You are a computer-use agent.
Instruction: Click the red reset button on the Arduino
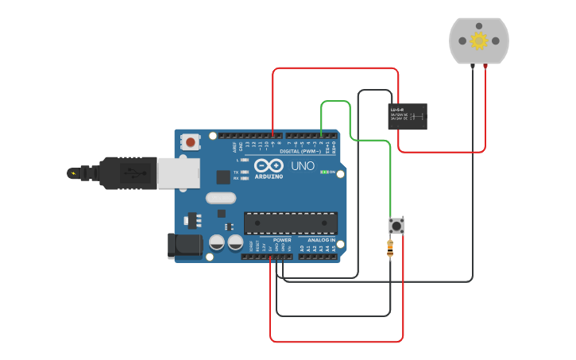[x=191, y=142]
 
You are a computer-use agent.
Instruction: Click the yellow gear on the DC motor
[x=478, y=40]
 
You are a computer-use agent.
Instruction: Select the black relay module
[x=408, y=116]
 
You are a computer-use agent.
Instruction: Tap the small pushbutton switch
[x=396, y=226]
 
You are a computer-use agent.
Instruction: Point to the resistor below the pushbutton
[x=389, y=248]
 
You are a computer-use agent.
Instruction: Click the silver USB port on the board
[x=177, y=173]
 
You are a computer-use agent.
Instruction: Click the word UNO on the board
[x=303, y=166]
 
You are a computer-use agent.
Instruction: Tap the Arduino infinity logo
[x=269, y=165]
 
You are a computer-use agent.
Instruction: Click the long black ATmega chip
[x=290, y=223]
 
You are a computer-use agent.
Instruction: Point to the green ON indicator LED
[x=323, y=172]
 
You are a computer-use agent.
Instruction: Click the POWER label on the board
[x=282, y=239]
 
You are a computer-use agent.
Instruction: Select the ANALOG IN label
[x=321, y=239]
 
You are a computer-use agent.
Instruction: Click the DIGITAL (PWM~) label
[x=300, y=151]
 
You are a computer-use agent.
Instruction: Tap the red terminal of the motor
[x=485, y=65]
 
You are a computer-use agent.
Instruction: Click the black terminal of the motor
[x=472, y=65]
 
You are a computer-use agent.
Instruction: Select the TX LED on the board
[x=245, y=172]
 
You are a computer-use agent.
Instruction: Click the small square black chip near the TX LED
[x=222, y=178]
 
